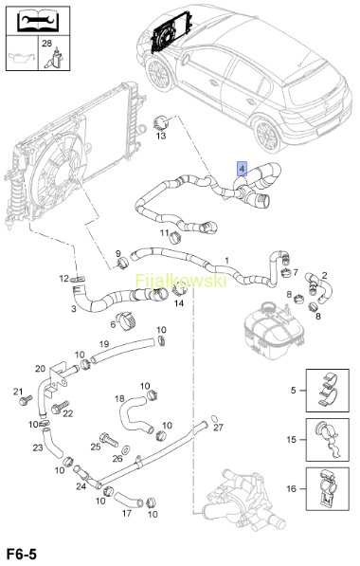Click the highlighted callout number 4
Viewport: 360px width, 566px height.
tap(242, 168)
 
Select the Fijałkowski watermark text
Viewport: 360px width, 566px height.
tap(181, 281)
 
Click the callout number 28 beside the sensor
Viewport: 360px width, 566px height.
tap(46, 44)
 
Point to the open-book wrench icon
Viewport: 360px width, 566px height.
tap(38, 21)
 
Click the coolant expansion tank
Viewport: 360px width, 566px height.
tap(272, 332)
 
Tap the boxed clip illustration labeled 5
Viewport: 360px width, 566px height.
tap(328, 391)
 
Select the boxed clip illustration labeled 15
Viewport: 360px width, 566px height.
tap(328, 440)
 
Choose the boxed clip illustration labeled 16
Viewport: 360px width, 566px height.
tap(328, 489)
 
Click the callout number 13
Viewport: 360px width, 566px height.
tap(161, 136)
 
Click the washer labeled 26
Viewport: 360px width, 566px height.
tap(126, 450)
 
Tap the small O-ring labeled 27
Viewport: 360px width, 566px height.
tap(214, 418)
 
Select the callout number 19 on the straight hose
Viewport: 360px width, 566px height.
tap(104, 344)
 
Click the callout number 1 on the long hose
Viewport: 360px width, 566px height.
tap(226, 261)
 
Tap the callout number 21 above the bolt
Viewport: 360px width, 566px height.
tap(18, 392)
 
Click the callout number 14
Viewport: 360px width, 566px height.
tap(179, 303)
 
